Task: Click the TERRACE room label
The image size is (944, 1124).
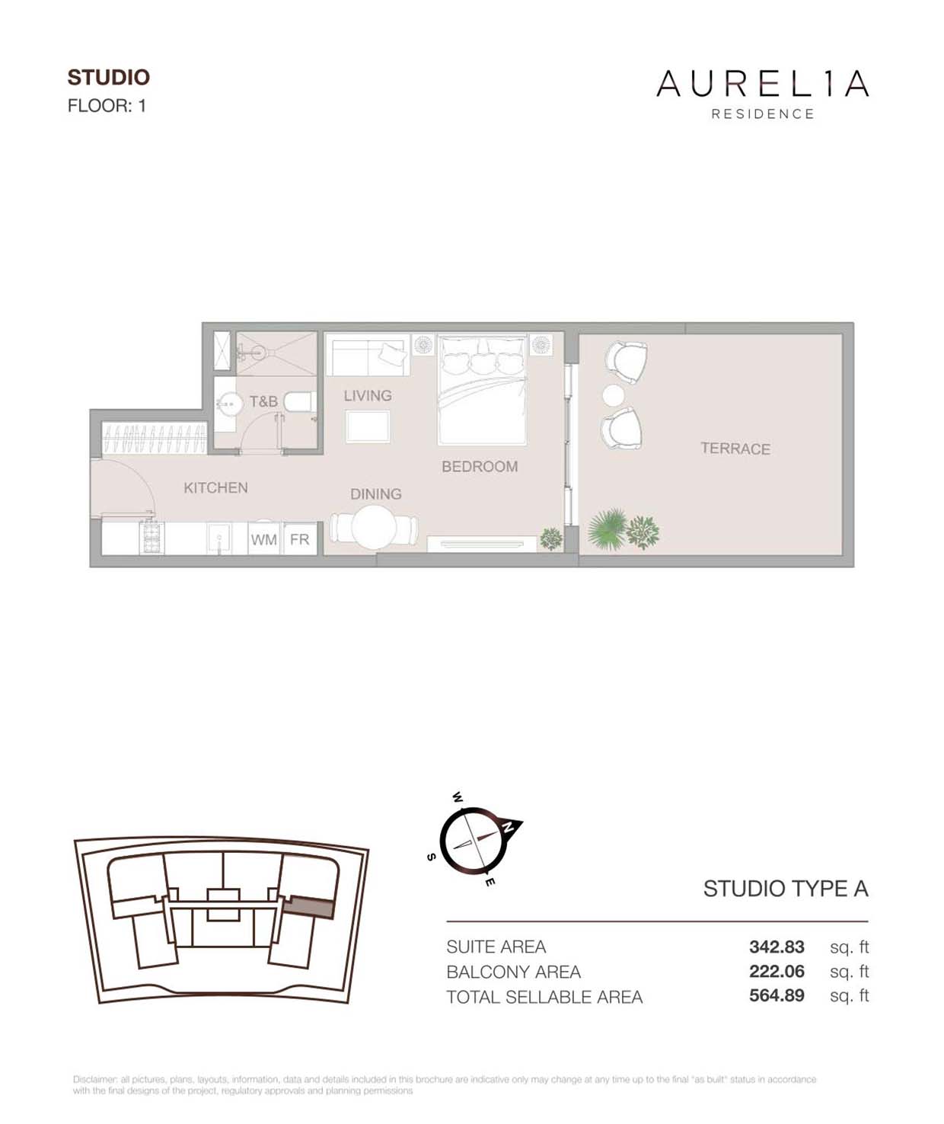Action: click(x=735, y=449)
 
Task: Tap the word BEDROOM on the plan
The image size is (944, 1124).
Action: click(x=480, y=466)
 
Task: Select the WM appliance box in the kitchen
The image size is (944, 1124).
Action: click(x=263, y=539)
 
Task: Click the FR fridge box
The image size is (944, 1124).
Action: click(x=299, y=539)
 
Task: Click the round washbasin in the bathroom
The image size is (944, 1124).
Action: click(x=227, y=404)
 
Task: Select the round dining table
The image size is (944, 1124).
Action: click(x=374, y=528)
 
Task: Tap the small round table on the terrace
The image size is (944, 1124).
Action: click(x=613, y=395)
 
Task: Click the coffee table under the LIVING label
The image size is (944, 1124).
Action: click(x=368, y=426)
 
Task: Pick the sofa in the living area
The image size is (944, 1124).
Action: click(x=367, y=355)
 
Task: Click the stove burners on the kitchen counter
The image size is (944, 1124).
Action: click(x=151, y=538)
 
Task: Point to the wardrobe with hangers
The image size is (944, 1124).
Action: click(x=154, y=439)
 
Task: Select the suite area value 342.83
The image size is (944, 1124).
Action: click(x=777, y=947)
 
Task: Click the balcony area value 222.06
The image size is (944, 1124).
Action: click(x=777, y=971)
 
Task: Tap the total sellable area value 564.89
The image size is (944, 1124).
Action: click(x=777, y=995)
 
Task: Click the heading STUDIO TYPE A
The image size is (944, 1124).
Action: click(x=785, y=889)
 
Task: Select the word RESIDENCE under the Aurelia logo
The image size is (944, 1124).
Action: click(x=763, y=114)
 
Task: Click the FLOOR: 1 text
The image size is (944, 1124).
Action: click(x=107, y=106)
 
